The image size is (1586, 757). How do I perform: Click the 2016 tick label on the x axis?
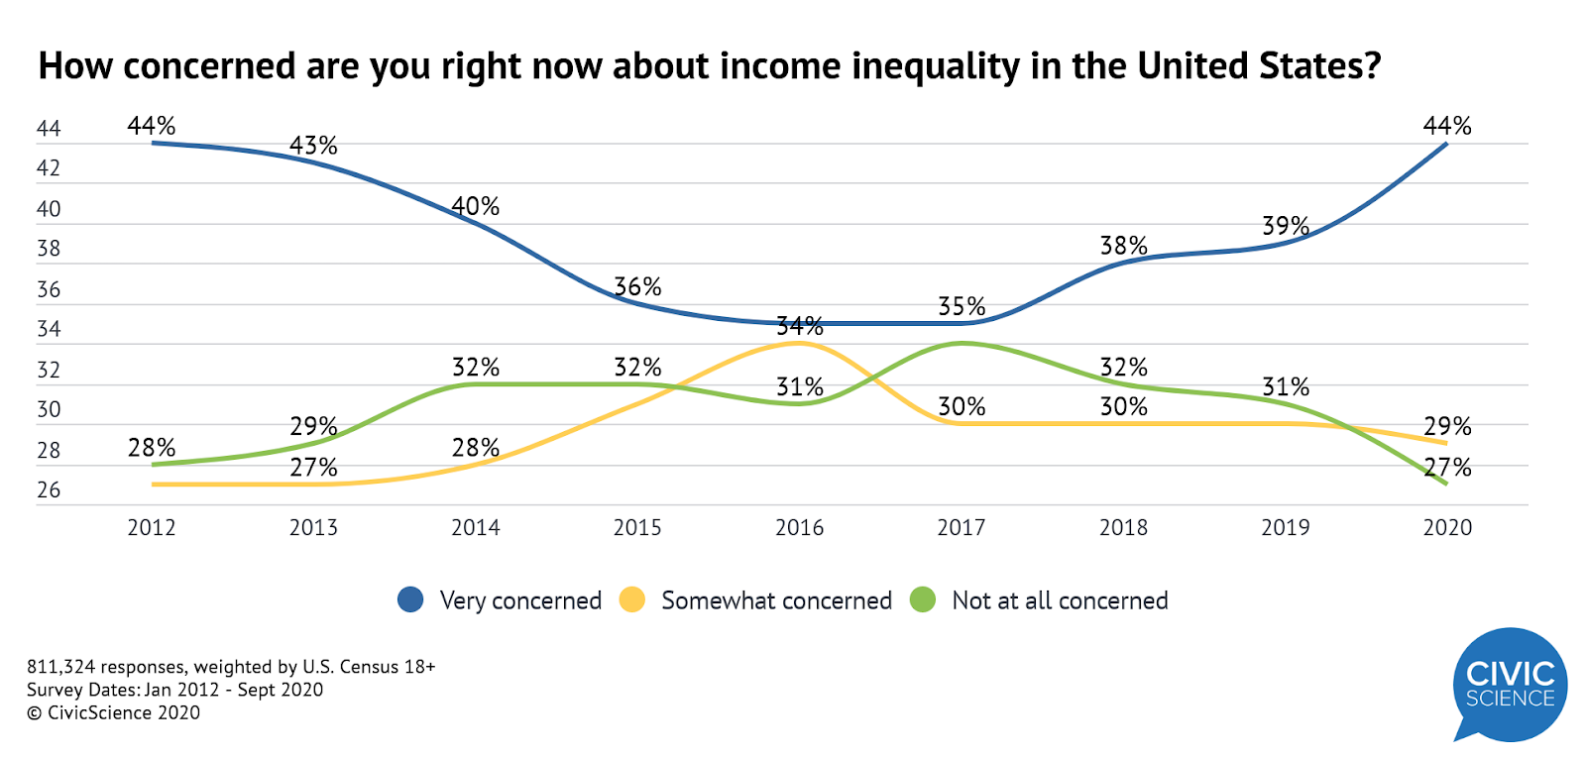pos(799,527)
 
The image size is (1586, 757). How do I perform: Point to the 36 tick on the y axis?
pos(49,289)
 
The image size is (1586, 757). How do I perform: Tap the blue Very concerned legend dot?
pos(410,599)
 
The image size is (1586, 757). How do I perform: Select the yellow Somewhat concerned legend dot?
pos(631,599)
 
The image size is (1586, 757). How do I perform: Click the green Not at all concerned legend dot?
pos(923,599)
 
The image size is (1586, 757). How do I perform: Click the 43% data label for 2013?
pos(313,146)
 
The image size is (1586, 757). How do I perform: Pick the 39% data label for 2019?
pos(1286,226)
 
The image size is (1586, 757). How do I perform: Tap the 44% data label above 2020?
pos(1447,126)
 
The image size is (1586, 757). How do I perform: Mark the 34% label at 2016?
pos(800,325)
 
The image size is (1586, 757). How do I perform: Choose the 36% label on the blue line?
pos(637,286)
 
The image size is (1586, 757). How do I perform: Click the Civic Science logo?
pos(1510,685)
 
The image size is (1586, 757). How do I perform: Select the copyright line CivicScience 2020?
pos(113,712)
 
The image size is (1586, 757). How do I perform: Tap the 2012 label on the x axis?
pos(152,527)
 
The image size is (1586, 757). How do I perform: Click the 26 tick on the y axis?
pos(49,490)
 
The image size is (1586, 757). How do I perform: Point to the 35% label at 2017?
pos(962,306)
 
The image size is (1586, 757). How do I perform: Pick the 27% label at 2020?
pos(1448,467)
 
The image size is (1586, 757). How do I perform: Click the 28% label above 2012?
pos(152,447)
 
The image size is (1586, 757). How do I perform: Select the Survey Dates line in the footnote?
pos(174,690)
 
